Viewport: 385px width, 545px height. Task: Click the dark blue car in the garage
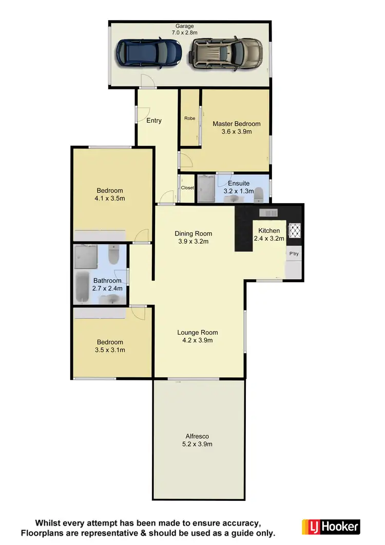[149, 52]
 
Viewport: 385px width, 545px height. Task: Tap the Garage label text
[184, 26]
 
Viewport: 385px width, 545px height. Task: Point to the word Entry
[154, 121]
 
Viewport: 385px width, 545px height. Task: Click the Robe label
[189, 118]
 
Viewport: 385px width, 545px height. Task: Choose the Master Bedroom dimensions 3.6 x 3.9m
[237, 132]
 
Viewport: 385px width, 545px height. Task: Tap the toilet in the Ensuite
[259, 194]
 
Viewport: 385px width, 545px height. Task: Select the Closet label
[187, 188]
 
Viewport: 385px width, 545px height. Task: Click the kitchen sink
[268, 212]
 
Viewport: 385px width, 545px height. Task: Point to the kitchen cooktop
[295, 230]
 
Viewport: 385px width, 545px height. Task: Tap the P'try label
[294, 254]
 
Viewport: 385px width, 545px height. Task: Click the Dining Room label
[193, 233]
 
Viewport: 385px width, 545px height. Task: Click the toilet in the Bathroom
[114, 255]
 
